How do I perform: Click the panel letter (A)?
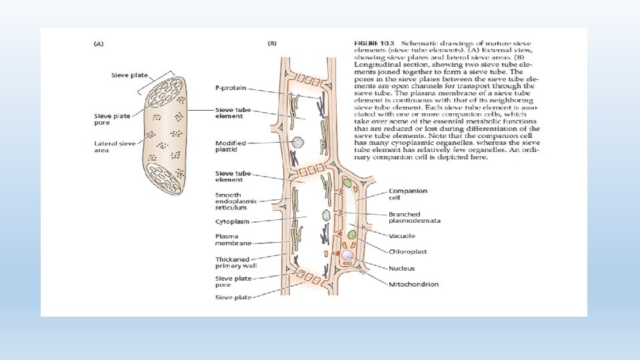(98, 44)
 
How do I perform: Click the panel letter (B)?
(272, 44)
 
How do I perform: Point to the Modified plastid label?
(230, 147)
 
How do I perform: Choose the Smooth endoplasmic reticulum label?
(233, 201)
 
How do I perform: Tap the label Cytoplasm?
(232, 221)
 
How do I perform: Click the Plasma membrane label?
(233, 239)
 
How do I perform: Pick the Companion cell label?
(408, 194)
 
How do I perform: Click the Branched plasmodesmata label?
(415, 217)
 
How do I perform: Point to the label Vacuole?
(402, 236)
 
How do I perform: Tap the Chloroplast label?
(407, 252)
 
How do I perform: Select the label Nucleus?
(401, 268)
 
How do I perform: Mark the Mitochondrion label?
(413, 284)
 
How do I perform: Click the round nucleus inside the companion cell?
(347, 255)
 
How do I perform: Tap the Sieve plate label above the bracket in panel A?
(129, 75)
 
